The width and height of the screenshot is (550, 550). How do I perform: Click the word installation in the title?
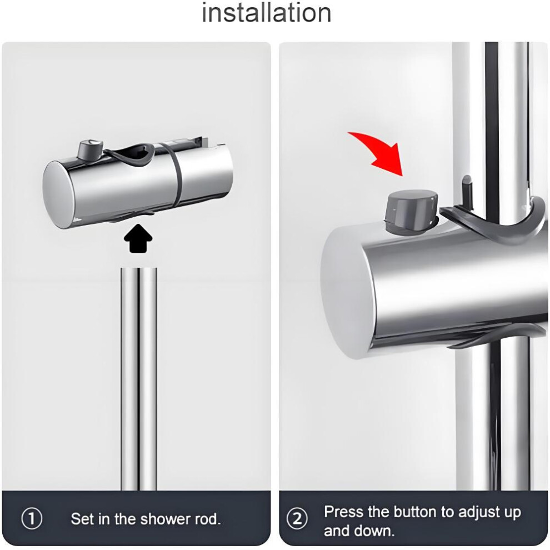(x=267, y=13)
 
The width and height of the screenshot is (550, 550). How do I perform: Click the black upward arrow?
(x=138, y=238)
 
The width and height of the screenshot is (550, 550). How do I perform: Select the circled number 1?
(x=32, y=518)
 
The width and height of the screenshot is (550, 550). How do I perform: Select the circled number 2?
(x=297, y=518)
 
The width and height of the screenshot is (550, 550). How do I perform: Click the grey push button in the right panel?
(x=411, y=211)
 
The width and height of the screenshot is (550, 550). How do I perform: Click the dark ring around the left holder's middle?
(x=176, y=176)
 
